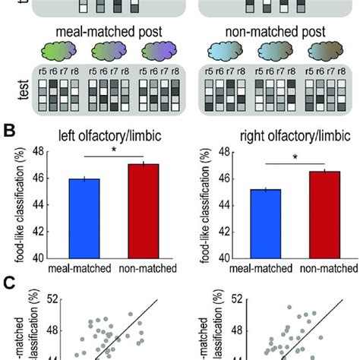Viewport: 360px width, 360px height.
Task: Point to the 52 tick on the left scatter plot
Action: [x=51, y=299]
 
